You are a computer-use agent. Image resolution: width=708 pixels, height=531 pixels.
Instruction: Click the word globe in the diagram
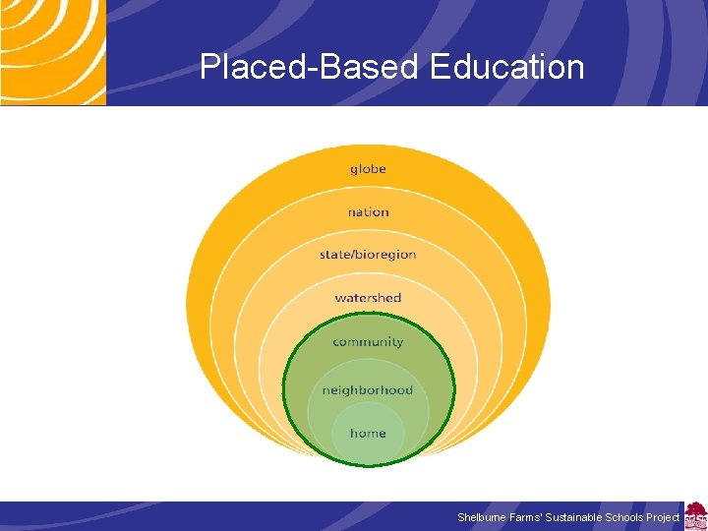[368, 169]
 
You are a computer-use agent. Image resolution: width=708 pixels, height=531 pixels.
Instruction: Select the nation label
[368, 211]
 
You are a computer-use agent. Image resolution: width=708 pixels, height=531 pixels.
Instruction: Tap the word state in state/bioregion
[335, 255]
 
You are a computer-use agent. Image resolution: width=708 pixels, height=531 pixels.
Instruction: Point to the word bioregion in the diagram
[386, 255]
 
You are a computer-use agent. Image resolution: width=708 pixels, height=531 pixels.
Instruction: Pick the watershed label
[368, 298]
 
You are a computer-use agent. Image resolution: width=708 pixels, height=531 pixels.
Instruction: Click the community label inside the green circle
[368, 342]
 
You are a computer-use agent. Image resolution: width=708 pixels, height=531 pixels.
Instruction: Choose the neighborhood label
[368, 390]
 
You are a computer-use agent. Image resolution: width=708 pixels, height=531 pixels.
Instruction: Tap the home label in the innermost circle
[368, 434]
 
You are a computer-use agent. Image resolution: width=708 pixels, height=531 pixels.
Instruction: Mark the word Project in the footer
[663, 517]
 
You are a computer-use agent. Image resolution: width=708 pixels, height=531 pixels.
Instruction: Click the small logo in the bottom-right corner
[695, 516]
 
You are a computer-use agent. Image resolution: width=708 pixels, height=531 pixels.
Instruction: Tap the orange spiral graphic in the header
[51, 51]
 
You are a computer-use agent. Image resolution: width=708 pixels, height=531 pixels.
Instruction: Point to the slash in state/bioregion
[353, 255]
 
